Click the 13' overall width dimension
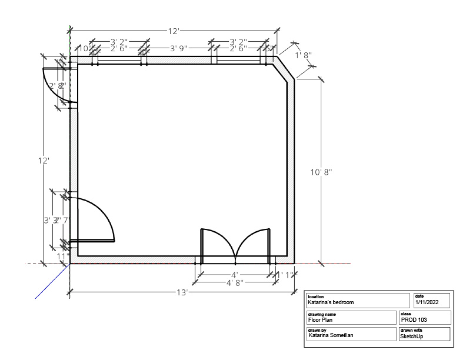(x=182, y=292)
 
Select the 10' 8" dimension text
(x=321, y=172)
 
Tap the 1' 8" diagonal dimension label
(x=303, y=55)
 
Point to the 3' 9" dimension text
(x=181, y=48)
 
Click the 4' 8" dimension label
(x=235, y=283)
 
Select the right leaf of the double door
(x=253, y=241)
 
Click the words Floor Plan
(x=322, y=320)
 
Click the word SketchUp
(x=412, y=336)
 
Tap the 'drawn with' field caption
(x=411, y=331)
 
